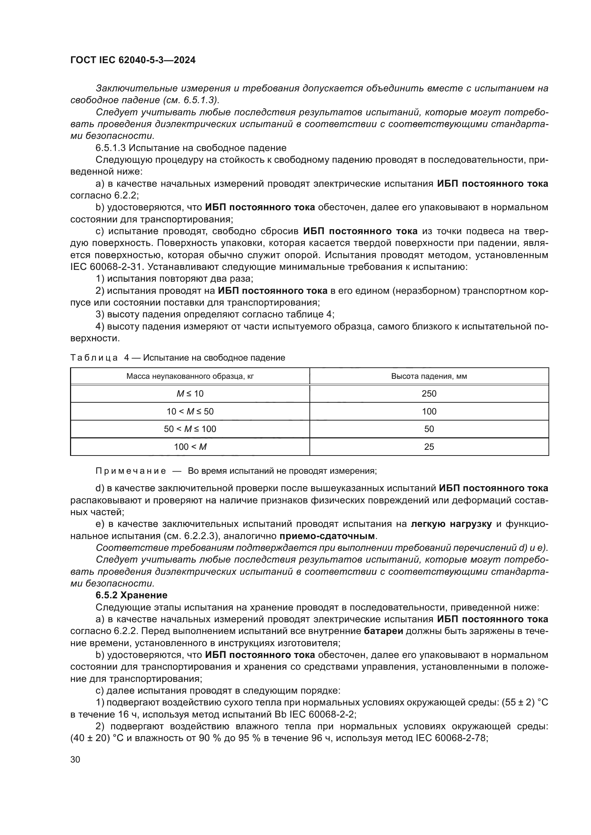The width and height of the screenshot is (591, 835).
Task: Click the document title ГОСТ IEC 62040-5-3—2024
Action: (x=133, y=60)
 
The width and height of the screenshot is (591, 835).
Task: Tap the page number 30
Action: (x=75, y=759)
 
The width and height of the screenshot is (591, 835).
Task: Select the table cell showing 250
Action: (x=429, y=393)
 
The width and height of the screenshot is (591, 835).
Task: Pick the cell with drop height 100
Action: (x=429, y=411)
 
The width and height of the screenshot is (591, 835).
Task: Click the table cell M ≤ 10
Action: (x=190, y=393)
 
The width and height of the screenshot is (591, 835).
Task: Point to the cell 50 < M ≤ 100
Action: (x=190, y=429)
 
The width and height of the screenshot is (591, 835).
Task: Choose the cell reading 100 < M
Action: (x=190, y=447)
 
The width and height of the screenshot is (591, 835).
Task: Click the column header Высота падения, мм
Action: (x=429, y=376)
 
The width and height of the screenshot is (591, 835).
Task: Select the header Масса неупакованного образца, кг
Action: (x=190, y=376)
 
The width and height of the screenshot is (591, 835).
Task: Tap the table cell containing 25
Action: (x=429, y=447)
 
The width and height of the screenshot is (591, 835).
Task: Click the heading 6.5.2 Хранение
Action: (x=131, y=595)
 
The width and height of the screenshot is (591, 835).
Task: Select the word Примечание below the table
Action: (x=131, y=471)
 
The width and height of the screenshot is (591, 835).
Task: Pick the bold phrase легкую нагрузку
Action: (x=451, y=524)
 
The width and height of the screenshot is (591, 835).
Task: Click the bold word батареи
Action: (x=383, y=631)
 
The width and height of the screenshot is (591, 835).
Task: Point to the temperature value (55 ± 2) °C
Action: (x=525, y=703)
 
